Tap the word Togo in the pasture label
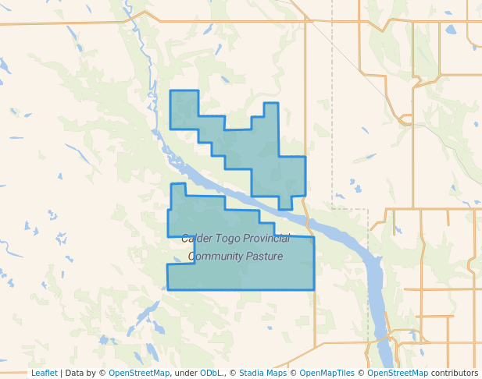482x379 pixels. pos(228,239)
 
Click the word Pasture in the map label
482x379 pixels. pos(264,257)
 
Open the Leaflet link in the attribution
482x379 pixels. pos(44,374)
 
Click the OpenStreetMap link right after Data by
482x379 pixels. pos(138,374)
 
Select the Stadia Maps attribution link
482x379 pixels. pos(262,374)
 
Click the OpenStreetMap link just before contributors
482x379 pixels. pos(398,374)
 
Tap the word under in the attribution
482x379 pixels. pos(186,374)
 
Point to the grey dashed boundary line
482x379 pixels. pos(332,117)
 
